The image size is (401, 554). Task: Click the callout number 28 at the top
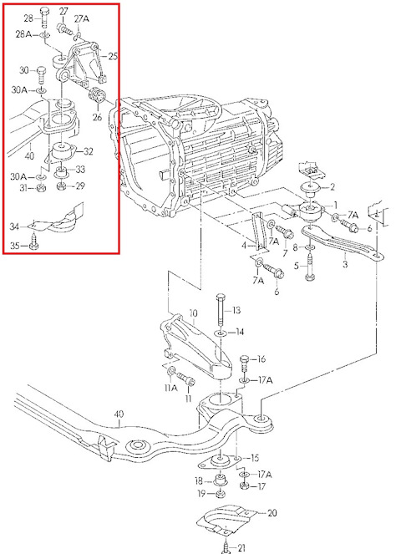pyautogui.click(x=29, y=18)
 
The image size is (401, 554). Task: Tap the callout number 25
pyautogui.click(x=113, y=57)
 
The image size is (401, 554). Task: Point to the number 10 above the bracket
pyautogui.click(x=193, y=313)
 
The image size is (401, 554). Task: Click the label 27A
pyautogui.click(x=82, y=18)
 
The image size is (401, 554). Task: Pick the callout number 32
pyautogui.click(x=89, y=151)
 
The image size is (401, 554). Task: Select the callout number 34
pyautogui.click(x=14, y=226)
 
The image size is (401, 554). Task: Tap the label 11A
pyautogui.click(x=170, y=388)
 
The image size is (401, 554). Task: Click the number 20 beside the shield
pyautogui.click(x=272, y=513)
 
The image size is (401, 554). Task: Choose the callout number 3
pyautogui.click(x=345, y=264)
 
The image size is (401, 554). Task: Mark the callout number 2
pyautogui.click(x=332, y=188)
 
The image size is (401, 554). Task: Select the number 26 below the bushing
pyautogui.click(x=98, y=116)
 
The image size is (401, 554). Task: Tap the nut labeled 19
pyautogui.click(x=220, y=493)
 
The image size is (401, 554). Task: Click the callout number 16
pyautogui.click(x=261, y=359)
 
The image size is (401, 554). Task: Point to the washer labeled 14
pyautogui.click(x=221, y=333)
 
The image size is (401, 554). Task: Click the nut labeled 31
pyautogui.click(x=41, y=188)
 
